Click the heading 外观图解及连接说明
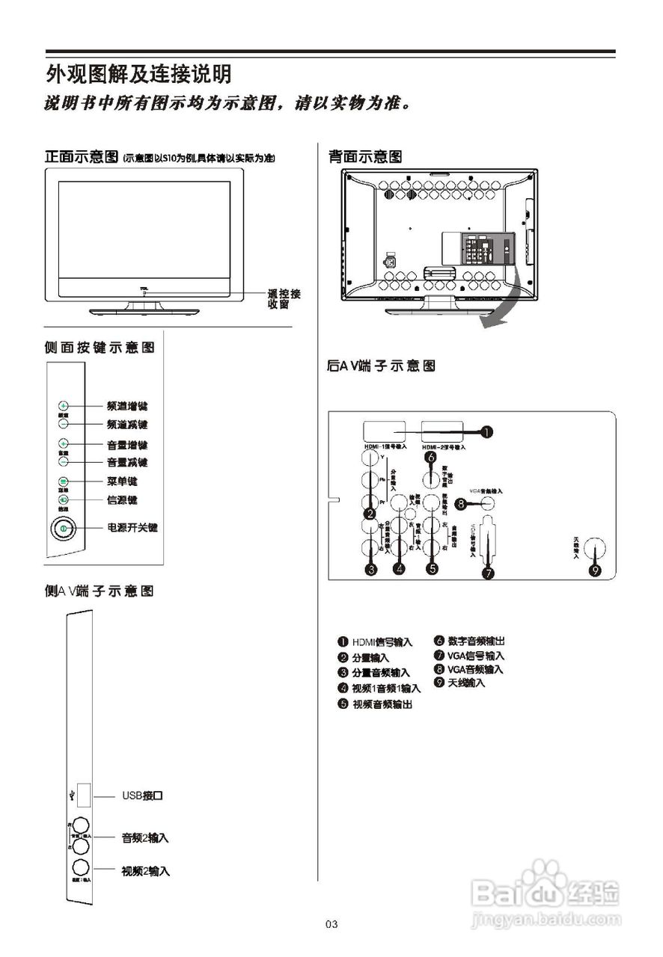click(x=138, y=74)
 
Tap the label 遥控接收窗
click(x=284, y=299)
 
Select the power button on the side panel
click(x=64, y=529)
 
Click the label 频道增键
click(x=127, y=406)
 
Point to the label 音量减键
click(x=127, y=462)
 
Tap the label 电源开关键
click(x=132, y=528)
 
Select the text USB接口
click(x=143, y=795)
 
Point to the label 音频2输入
click(x=145, y=837)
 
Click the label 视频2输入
click(x=145, y=871)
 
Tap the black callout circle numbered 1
click(x=486, y=431)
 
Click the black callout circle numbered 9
click(x=596, y=570)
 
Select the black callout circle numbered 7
click(x=488, y=574)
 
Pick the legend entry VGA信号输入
click(x=475, y=655)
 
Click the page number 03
click(x=331, y=925)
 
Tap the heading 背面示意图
click(x=365, y=156)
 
